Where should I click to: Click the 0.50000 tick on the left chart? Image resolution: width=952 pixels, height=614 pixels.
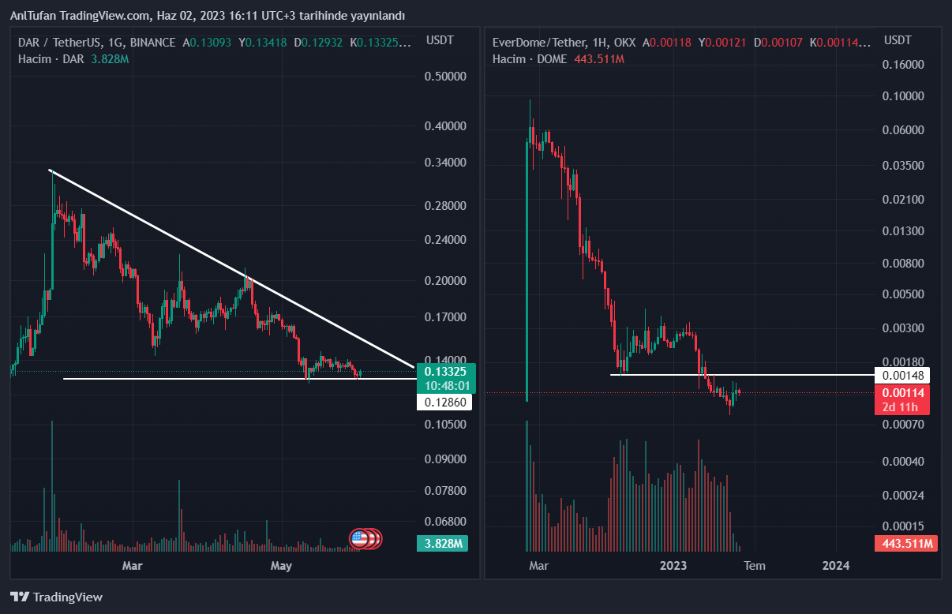pos(446,77)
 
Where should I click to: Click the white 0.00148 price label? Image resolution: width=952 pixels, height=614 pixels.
pos(906,375)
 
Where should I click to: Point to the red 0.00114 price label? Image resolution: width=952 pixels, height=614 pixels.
pos(906,393)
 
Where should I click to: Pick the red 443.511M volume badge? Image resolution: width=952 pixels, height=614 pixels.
pos(906,544)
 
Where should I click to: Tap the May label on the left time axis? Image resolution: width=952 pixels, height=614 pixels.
pos(281,565)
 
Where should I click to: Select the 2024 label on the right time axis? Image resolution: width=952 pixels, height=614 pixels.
pos(836,565)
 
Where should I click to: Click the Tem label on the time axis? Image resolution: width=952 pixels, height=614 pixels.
pos(755,565)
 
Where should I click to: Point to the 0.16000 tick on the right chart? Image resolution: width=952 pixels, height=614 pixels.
pos(902,65)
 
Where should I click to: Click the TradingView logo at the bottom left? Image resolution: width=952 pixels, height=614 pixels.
pos(56,597)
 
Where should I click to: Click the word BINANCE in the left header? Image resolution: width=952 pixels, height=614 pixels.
pos(153,43)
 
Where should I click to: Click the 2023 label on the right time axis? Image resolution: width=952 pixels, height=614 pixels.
pos(673,565)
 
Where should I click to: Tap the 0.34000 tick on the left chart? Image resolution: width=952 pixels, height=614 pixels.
pos(446,163)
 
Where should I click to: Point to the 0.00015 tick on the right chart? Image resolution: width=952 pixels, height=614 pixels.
pos(902,526)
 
